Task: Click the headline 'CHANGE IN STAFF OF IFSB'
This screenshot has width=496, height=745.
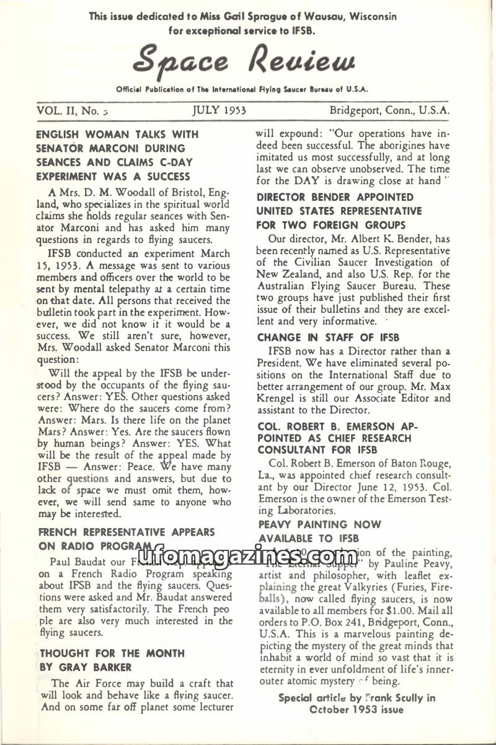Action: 329,338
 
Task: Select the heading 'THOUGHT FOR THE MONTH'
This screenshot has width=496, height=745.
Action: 112,653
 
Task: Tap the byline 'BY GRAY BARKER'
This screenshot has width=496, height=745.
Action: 86,668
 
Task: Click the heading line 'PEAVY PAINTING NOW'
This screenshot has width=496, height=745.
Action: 319,524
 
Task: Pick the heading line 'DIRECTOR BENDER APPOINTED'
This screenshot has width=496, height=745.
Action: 335,197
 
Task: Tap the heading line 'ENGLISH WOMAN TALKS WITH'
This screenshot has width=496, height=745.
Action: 117,134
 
